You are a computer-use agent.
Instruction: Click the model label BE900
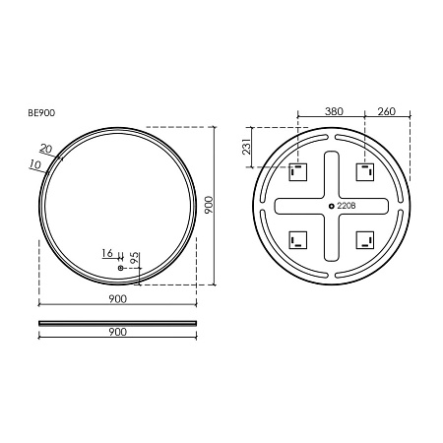pos(41,113)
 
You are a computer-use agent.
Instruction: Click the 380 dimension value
pos(334,111)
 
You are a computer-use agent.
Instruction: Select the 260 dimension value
pos(387,111)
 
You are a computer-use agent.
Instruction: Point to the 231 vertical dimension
pos(247,147)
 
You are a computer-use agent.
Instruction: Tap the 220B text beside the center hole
pos(347,206)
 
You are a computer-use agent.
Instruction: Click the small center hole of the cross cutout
pos(332,206)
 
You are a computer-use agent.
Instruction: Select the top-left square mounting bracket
pos(298,172)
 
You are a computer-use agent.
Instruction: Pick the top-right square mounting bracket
pos(365,172)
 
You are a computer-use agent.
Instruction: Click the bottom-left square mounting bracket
pos(298,240)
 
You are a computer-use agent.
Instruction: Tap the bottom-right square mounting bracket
pos(365,240)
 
